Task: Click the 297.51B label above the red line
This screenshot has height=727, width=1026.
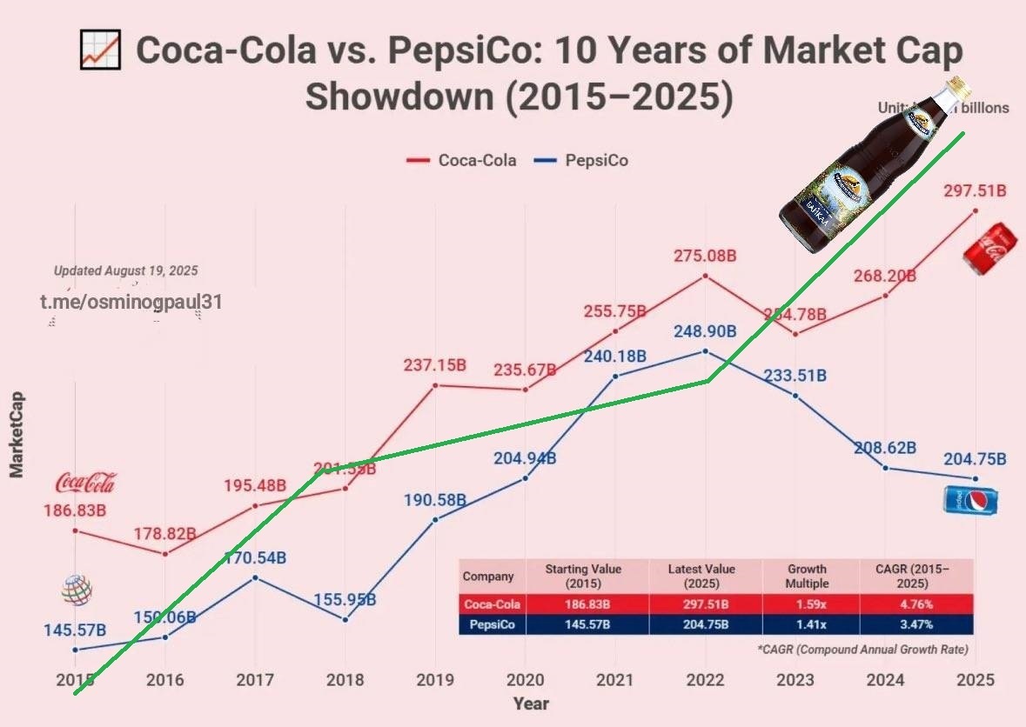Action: click(975, 190)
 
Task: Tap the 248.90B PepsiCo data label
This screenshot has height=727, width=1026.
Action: click(705, 331)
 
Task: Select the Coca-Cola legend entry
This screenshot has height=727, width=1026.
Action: click(462, 160)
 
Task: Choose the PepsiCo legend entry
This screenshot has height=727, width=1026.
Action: click(581, 160)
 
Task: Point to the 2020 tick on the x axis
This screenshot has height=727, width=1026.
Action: click(526, 679)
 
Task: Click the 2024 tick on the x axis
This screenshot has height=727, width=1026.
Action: click(885, 679)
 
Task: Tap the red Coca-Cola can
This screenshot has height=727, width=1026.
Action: click(985, 248)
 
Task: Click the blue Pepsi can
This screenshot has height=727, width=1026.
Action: click(970, 501)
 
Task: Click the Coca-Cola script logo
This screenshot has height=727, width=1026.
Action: click(85, 483)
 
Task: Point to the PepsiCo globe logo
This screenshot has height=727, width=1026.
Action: click(77, 590)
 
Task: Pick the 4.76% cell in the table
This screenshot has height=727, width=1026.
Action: click(915, 604)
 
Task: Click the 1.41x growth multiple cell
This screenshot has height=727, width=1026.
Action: click(810, 624)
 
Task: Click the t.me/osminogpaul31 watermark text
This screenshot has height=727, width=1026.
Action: click(131, 302)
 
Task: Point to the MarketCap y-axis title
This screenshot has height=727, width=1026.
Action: click(17, 435)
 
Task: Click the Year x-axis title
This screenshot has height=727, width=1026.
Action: click(531, 704)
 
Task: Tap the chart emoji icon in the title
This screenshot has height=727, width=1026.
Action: click(100, 50)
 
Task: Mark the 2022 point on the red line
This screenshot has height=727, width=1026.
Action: click(705, 276)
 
